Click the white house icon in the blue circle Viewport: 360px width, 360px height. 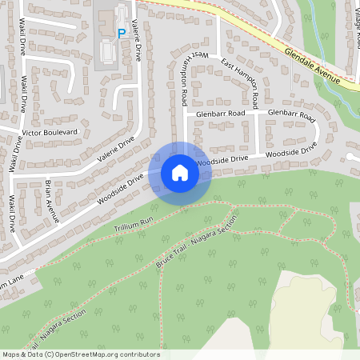coord(180,173)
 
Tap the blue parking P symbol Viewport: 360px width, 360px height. coord(122,34)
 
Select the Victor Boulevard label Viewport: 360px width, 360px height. coord(50,130)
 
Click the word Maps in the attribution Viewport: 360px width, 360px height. coord(11,354)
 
